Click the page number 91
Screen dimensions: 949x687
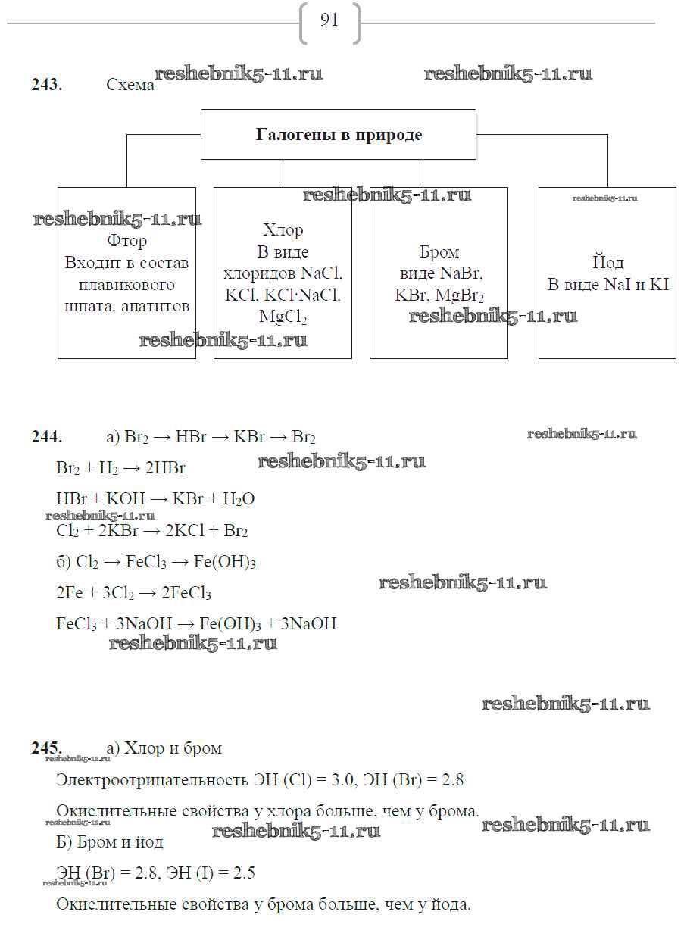[x=329, y=20]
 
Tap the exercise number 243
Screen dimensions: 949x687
[x=46, y=85]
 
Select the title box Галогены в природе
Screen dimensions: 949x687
[x=339, y=135]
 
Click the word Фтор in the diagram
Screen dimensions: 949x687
[x=126, y=242]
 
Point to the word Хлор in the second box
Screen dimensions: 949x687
[x=283, y=230]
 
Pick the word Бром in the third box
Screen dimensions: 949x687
[x=439, y=252]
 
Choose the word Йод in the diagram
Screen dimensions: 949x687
[x=607, y=263]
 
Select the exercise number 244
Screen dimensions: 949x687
[x=46, y=437]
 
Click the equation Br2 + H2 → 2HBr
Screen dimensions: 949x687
[x=121, y=468]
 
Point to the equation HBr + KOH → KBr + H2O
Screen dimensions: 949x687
[x=155, y=499]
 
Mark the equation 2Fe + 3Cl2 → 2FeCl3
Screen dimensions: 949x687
[x=133, y=593]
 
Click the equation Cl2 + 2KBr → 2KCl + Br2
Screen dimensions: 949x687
[x=152, y=531]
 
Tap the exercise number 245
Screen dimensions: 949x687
[x=46, y=748]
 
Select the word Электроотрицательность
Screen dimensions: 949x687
[x=152, y=780]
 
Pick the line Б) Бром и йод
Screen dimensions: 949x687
[x=110, y=842]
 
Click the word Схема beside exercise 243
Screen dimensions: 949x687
[x=130, y=86]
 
